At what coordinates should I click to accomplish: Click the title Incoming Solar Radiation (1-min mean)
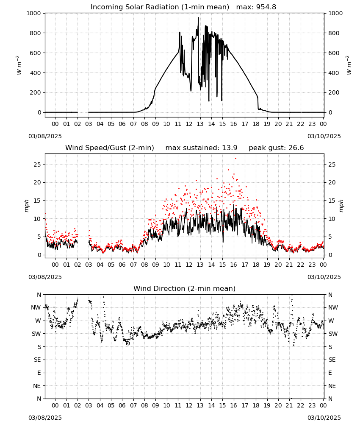(160, 7)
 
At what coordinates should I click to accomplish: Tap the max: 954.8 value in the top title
(256, 7)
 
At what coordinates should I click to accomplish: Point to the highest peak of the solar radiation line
(198, 17)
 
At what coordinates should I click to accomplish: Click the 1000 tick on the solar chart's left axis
(33, 13)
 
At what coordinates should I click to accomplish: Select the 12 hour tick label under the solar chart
(189, 124)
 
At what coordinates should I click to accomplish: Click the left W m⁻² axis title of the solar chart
(19, 65)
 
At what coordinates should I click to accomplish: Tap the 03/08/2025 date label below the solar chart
(45, 136)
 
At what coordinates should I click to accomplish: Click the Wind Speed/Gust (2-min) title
(110, 148)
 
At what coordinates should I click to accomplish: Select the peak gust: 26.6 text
(276, 148)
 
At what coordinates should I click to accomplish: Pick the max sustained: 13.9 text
(202, 148)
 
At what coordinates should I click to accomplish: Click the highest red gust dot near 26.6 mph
(235, 158)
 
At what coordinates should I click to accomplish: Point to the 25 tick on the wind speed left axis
(37, 165)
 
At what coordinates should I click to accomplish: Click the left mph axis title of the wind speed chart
(26, 206)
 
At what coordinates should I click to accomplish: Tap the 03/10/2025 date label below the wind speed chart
(324, 277)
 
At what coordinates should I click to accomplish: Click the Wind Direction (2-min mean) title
(185, 288)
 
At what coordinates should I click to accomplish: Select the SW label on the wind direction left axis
(36, 334)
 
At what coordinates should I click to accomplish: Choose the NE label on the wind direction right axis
(332, 386)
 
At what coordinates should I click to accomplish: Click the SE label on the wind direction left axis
(37, 360)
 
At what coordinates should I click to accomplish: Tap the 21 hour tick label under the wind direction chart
(289, 405)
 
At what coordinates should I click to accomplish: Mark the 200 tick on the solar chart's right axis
(334, 92)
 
